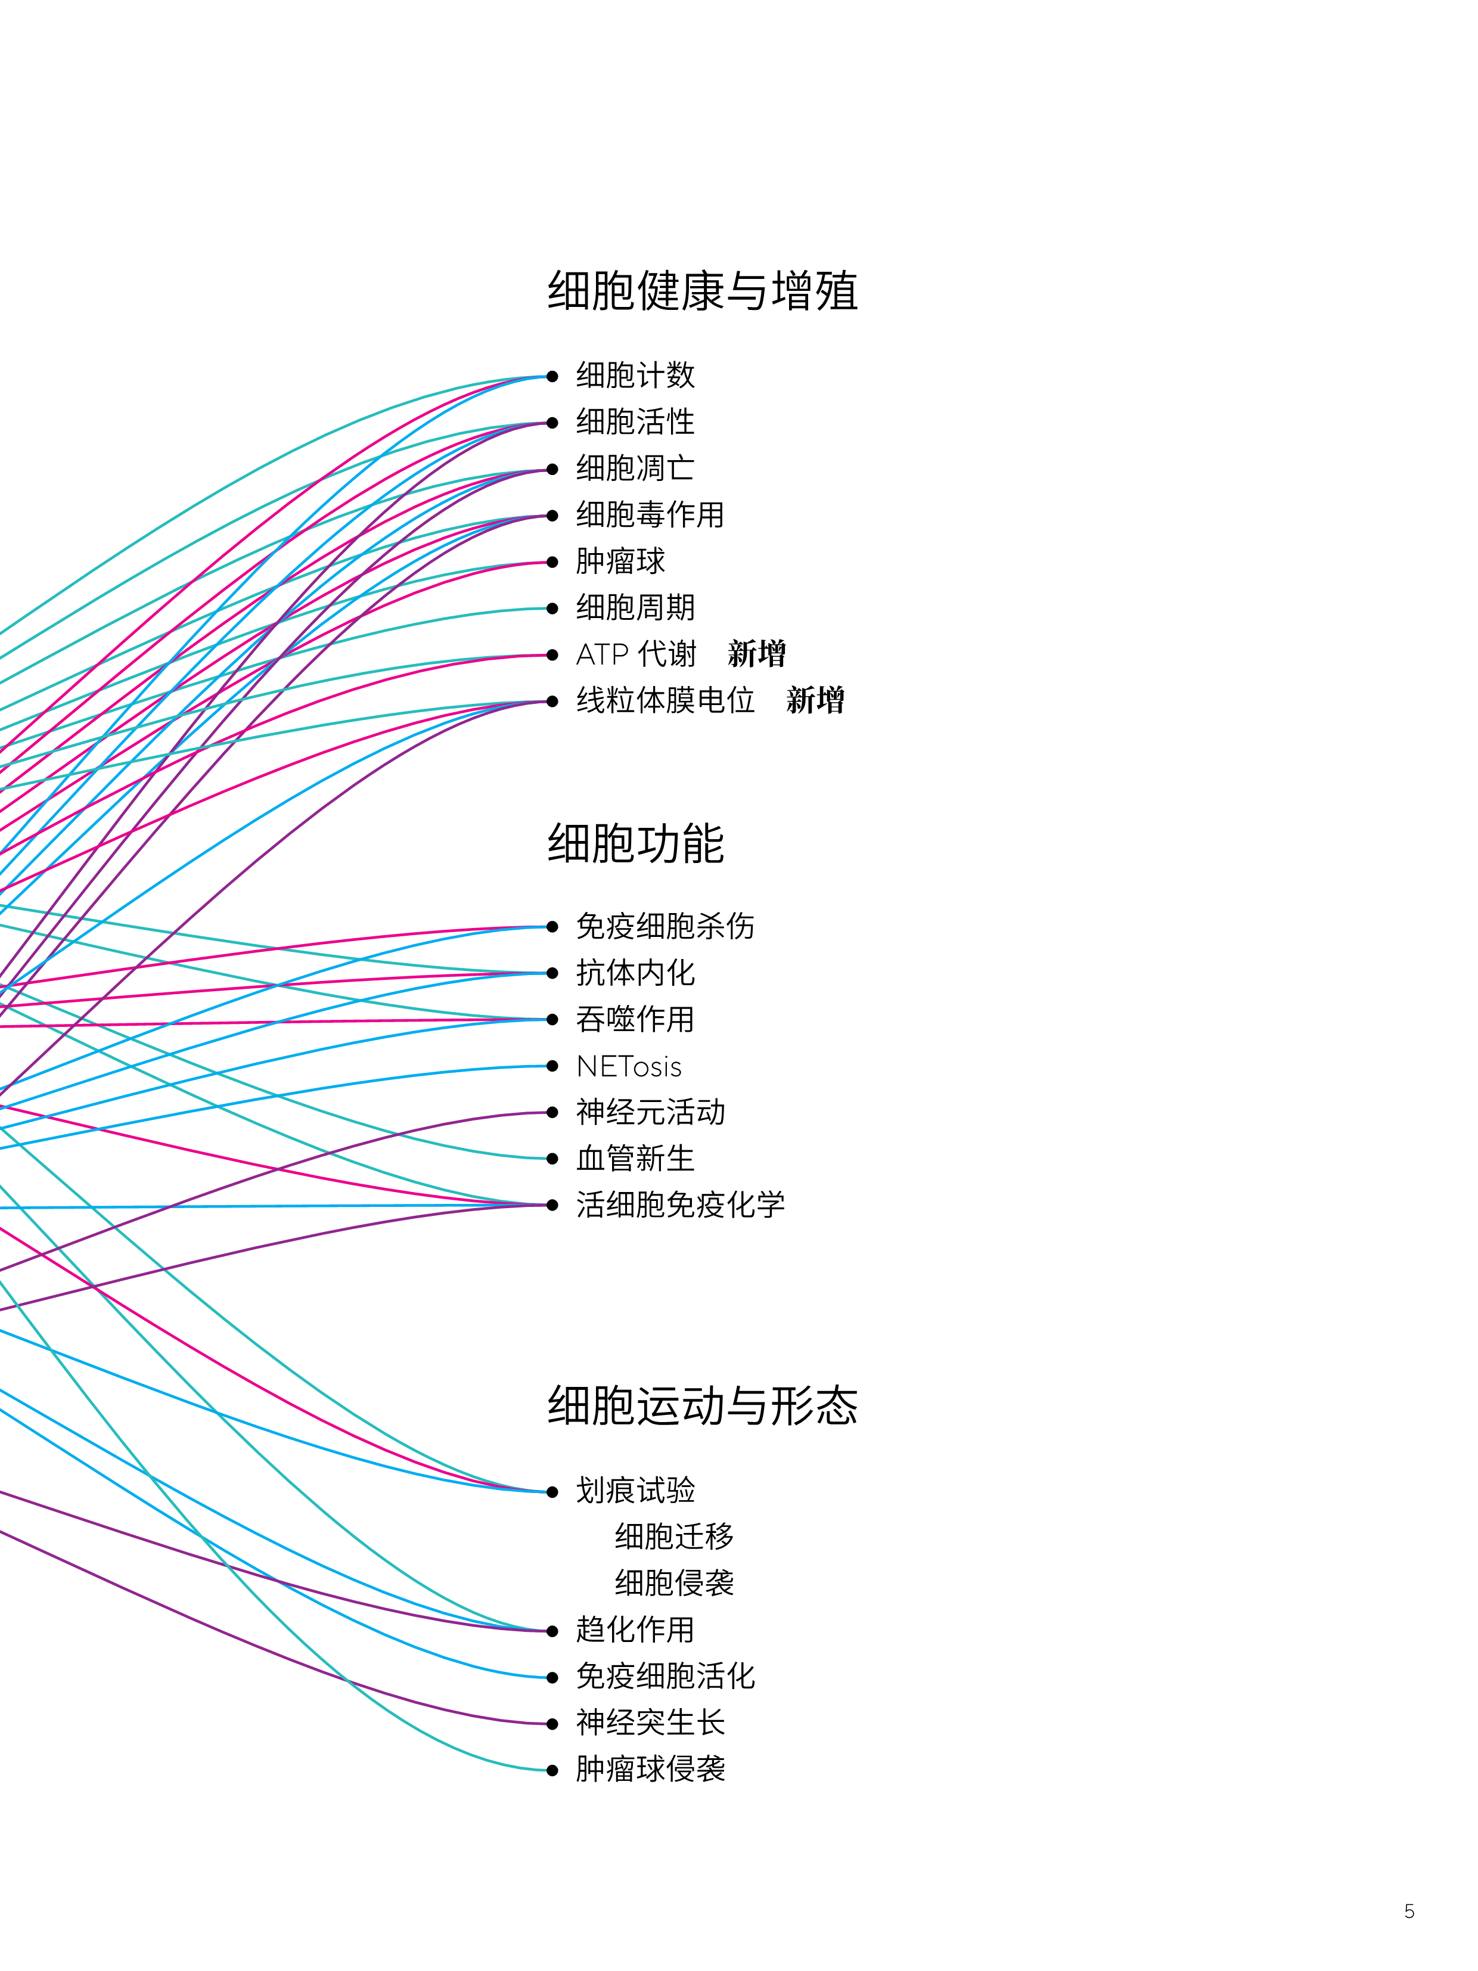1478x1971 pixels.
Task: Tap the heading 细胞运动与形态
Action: (x=702, y=1405)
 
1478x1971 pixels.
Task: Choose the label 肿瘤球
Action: (x=620, y=561)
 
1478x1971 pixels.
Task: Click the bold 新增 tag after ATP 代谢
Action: (x=756, y=654)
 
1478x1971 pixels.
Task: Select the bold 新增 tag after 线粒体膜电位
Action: (x=815, y=700)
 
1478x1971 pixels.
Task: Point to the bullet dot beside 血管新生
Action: (x=552, y=1159)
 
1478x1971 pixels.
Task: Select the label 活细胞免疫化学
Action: (x=680, y=1205)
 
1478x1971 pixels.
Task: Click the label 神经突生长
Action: (x=650, y=1722)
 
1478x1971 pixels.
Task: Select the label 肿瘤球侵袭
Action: (x=650, y=1769)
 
